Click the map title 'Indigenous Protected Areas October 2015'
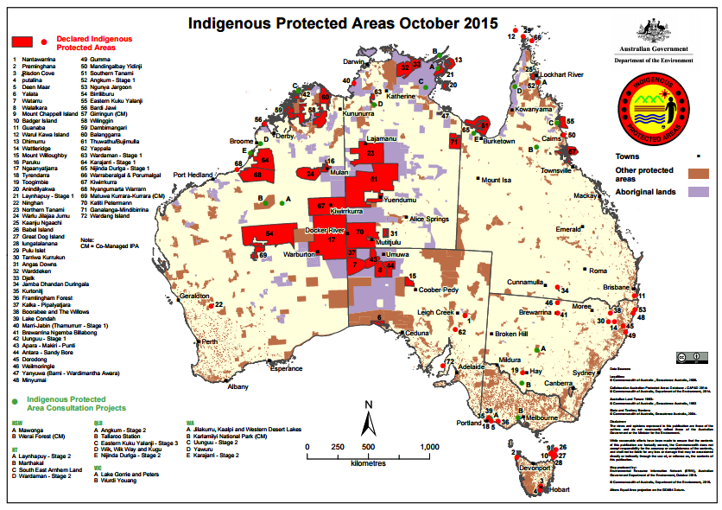tap(343, 24)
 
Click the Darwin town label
tap(354, 62)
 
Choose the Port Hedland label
tap(193, 175)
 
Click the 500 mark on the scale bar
tap(368, 446)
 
